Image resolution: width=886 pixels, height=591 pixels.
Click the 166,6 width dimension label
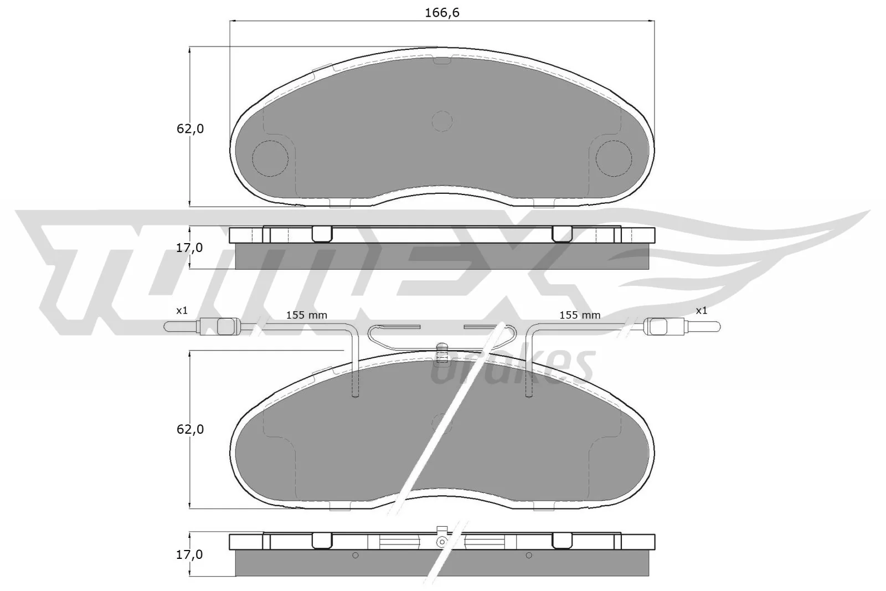click(x=442, y=12)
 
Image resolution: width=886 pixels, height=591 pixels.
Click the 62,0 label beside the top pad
click(x=190, y=129)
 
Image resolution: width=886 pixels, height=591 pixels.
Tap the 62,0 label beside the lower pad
click(x=190, y=429)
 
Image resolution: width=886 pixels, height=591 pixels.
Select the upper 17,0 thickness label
click(x=189, y=248)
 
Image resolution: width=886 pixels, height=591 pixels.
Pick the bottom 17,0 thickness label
click(x=189, y=554)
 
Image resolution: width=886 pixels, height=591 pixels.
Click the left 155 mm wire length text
click(x=306, y=315)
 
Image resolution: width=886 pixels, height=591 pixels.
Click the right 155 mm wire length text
click(x=580, y=315)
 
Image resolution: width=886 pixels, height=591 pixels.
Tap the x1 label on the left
click(x=182, y=311)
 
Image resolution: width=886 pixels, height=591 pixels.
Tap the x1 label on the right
click(x=702, y=311)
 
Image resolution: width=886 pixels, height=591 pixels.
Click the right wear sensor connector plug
click(x=659, y=327)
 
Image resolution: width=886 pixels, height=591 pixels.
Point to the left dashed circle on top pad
click(x=270, y=158)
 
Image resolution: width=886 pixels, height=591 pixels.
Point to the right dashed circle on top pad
click(x=614, y=158)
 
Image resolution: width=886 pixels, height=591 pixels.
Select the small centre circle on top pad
click(x=442, y=121)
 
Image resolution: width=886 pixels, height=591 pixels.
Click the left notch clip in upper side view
click(x=322, y=234)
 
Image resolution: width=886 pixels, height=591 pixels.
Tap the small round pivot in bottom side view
click(x=442, y=542)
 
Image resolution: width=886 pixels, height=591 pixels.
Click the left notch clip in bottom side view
click(x=322, y=541)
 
